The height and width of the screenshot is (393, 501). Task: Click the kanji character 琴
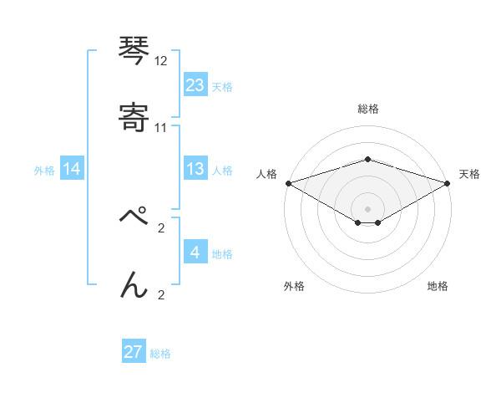pyautogui.click(x=134, y=50)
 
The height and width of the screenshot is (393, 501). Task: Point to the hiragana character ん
pyautogui.click(x=134, y=284)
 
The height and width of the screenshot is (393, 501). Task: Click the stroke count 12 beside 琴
pyautogui.click(x=161, y=61)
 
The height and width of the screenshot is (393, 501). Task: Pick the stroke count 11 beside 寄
pyautogui.click(x=161, y=128)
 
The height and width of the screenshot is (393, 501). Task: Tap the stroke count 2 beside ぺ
pyautogui.click(x=161, y=227)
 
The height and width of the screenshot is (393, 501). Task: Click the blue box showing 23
pyautogui.click(x=195, y=85)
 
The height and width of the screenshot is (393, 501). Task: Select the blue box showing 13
pyautogui.click(x=195, y=170)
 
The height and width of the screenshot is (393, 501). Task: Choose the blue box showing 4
pyautogui.click(x=195, y=253)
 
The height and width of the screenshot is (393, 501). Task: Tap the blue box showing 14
pyautogui.click(x=72, y=170)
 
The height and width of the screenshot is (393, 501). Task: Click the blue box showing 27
pyautogui.click(x=134, y=352)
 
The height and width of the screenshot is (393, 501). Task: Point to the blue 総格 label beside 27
pyautogui.click(x=160, y=354)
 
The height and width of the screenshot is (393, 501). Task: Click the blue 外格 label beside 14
pyautogui.click(x=44, y=171)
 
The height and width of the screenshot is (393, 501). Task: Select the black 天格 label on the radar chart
pyautogui.click(x=469, y=174)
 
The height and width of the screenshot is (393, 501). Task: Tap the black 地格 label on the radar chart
pyautogui.click(x=438, y=286)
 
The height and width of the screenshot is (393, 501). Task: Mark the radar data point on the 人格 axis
pyautogui.click(x=288, y=183)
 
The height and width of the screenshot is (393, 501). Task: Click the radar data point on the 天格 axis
pyautogui.click(x=448, y=183)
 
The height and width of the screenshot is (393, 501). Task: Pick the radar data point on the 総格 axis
pyautogui.click(x=367, y=159)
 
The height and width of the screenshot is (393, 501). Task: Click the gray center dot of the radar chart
pyautogui.click(x=367, y=208)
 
